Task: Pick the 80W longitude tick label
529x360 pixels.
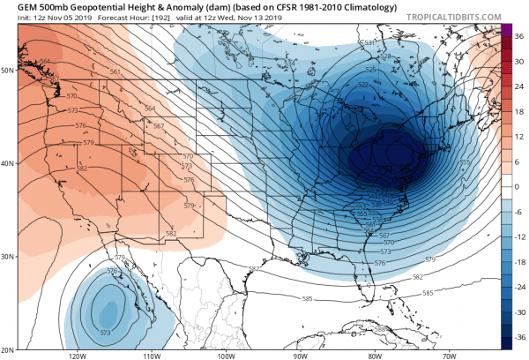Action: [x=374, y=356]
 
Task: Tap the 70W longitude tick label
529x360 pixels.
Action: [x=449, y=356]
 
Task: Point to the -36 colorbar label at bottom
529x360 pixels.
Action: [x=520, y=337]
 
